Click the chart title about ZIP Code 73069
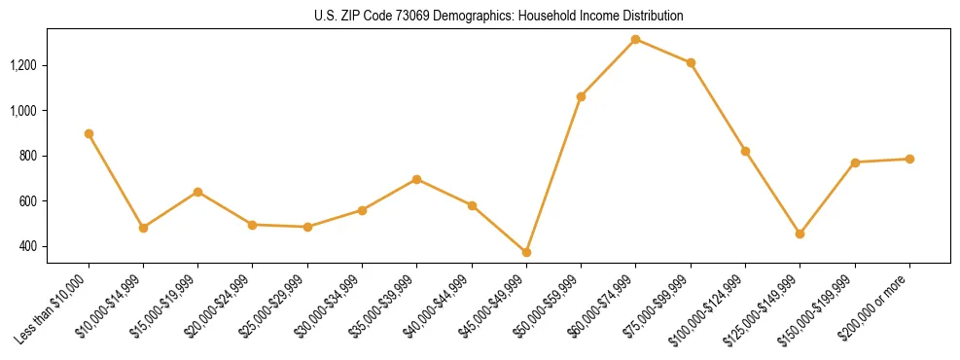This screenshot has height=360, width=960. pyautogui.click(x=499, y=17)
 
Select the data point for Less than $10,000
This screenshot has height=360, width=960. pyautogui.click(x=89, y=133)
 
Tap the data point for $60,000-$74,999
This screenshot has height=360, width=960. pyautogui.click(x=635, y=39)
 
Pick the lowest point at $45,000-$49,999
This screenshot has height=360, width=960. pyautogui.click(x=526, y=252)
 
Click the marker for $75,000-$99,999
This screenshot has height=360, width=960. pyautogui.click(x=691, y=62)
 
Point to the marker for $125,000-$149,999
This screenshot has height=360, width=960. pyautogui.click(x=800, y=234)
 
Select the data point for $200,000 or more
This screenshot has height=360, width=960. pyautogui.click(x=909, y=159)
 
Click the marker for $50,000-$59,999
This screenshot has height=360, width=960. pyautogui.click(x=581, y=96)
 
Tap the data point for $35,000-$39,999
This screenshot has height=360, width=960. pyautogui.click(x=416, y=179)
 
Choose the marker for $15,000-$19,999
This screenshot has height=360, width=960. pyautogui.click(x=197, y=192)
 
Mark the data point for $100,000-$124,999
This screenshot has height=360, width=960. pyautogui.click(x=745, y=151)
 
